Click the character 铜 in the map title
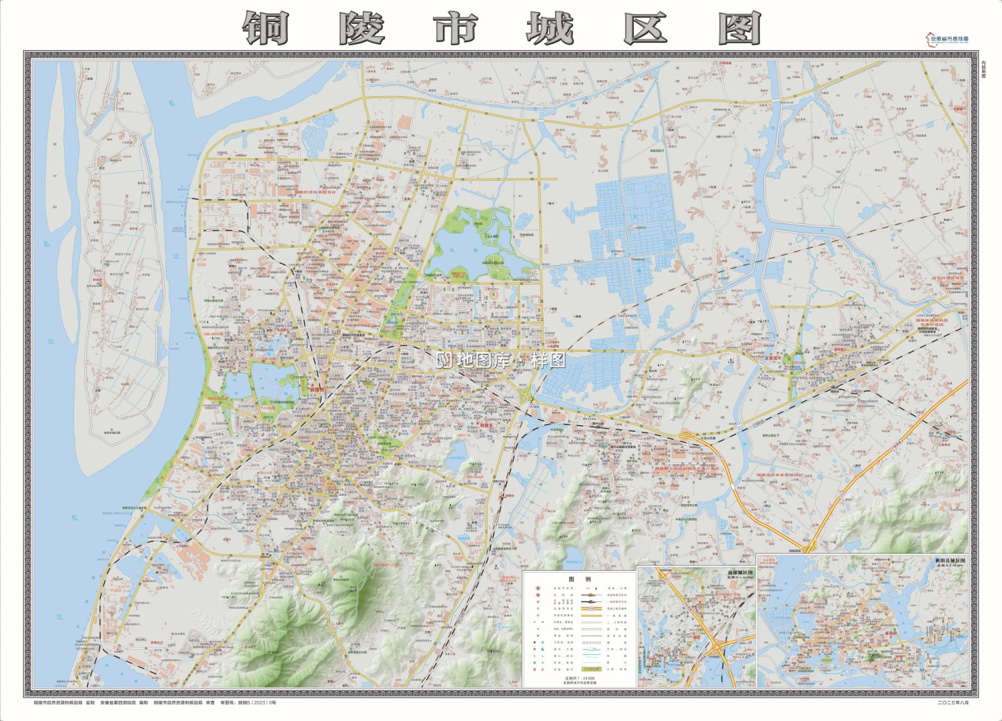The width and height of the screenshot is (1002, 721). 265,29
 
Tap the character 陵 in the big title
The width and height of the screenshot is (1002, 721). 361,29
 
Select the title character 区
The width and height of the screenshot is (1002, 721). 645,29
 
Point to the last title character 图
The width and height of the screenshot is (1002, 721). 739,29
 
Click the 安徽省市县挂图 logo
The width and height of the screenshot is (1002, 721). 947,39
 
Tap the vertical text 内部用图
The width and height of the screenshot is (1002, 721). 983,69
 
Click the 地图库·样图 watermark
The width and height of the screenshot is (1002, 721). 501,360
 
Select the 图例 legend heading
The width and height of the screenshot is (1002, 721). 579,579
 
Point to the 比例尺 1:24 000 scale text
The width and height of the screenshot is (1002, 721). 579,678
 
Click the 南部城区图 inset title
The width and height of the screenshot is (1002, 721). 739,573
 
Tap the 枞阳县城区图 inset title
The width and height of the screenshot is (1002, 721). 950,561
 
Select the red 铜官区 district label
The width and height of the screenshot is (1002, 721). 490,425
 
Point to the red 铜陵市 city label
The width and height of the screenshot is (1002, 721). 315,389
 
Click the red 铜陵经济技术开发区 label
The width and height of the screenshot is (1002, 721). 317,192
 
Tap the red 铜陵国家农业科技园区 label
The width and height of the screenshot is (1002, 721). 780,475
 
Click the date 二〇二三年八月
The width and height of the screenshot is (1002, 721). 953,702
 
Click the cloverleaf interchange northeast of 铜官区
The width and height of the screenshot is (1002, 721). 528,395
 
